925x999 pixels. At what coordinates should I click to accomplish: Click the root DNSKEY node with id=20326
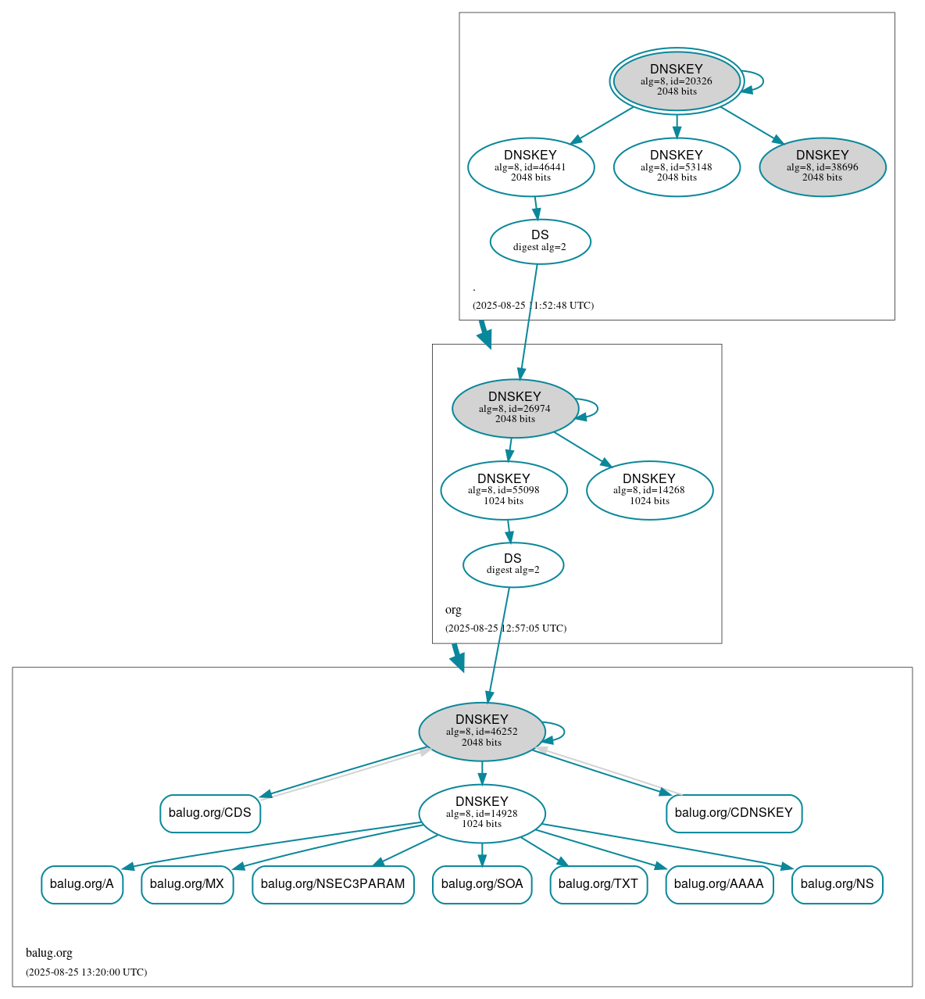677,81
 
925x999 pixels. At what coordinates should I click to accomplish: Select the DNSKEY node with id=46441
530,166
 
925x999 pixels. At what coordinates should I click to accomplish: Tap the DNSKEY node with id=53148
677,166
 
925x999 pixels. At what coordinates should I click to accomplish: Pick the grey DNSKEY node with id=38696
822,166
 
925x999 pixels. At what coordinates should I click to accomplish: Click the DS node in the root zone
540,242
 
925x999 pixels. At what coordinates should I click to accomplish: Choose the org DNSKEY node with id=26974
515,408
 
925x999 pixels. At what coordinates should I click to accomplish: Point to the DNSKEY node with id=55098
504,490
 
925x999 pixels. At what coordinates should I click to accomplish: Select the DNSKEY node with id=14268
649,490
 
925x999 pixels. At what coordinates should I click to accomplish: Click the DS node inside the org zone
512,564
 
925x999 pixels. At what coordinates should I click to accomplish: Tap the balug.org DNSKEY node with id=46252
481,732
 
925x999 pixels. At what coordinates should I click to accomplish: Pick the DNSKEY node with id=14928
481,814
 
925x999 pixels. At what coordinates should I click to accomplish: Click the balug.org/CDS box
210,813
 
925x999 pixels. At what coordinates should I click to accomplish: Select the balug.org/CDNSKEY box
734,813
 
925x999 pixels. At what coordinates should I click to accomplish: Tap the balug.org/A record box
82,884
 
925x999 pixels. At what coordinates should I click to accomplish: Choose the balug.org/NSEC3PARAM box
333,884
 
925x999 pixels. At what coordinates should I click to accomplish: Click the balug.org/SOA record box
482,884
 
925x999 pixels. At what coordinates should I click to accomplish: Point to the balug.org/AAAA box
719,884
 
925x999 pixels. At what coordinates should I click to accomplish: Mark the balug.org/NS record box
837,884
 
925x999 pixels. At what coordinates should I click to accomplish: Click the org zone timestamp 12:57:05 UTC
505,628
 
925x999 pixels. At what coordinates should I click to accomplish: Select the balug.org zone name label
49,953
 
